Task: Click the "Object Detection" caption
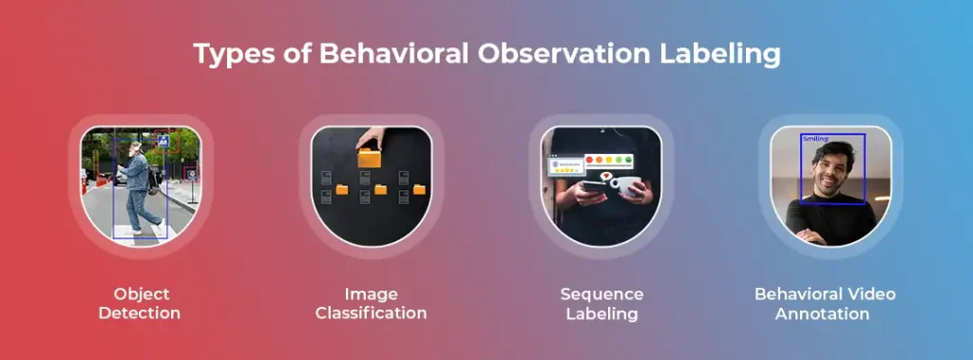(141, 303)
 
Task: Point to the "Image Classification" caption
(371, 303)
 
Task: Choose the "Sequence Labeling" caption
(601, 303)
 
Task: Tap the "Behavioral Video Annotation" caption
(825, 303)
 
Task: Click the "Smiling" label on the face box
(815, 139)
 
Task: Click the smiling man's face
(829, 172)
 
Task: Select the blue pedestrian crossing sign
(163, 142)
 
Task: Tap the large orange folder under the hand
(370, 158)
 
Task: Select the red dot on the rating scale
(590, 161)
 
